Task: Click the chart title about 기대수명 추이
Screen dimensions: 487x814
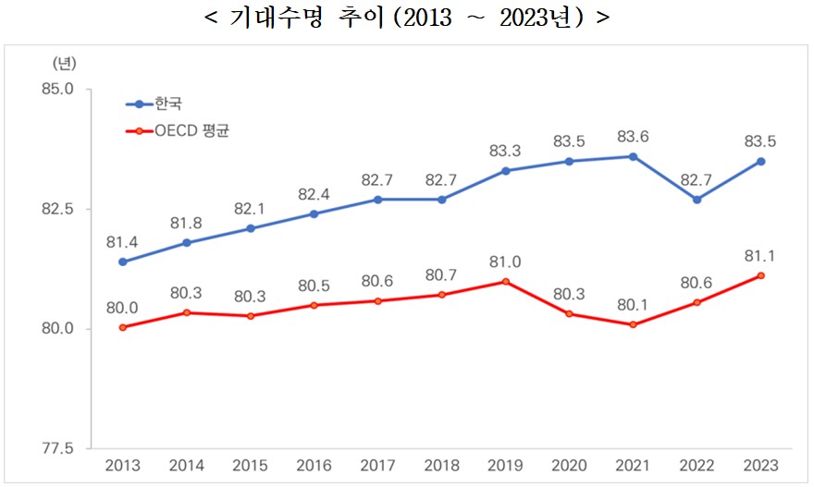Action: (406, 18)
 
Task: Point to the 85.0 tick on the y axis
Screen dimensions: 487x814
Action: (59, 90)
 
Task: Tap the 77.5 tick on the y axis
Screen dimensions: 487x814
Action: (59, 448)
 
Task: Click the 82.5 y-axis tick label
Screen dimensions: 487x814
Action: (59, 209)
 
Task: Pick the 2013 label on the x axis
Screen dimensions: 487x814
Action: (122, 467)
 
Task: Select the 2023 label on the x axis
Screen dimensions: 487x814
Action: (760, 467)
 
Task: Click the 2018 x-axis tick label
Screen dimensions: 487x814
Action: (441, 467)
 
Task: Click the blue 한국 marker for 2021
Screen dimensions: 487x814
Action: (633, 156)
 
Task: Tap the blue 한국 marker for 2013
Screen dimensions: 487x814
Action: (122, 262)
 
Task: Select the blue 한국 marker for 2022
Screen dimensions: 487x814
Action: (697, 200)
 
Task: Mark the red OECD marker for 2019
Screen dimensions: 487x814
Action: (505, 281)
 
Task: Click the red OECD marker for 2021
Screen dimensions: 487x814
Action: (633, 324)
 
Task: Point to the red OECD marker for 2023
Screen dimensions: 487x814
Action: (760, 275)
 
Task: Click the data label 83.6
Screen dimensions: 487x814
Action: (633, 137)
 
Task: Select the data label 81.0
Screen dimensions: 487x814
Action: (505, 262)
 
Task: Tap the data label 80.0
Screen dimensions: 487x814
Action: (122, 308)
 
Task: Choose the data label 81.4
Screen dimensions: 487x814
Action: (122, 242)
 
